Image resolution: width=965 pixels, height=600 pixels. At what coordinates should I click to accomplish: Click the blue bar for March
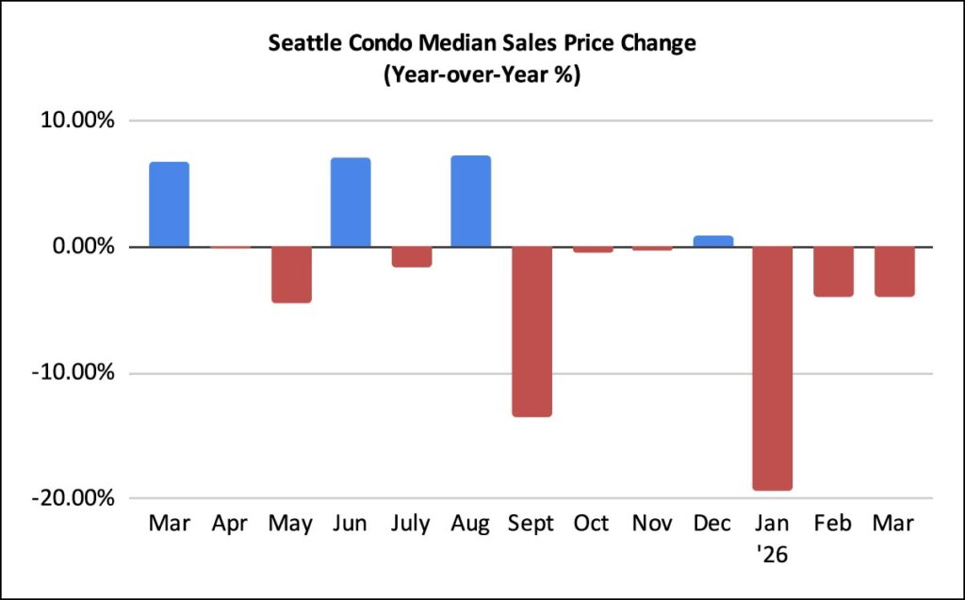coord(169,204)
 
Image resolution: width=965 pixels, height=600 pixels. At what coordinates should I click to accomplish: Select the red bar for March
coord(893,271)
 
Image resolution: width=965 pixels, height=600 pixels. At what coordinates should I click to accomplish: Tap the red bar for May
coord(290,274)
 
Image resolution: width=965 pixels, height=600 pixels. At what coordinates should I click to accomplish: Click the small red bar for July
coord(411,256)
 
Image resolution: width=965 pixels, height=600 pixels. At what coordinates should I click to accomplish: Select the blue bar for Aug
coord(471,202)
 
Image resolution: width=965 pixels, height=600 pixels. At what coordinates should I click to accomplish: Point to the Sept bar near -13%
coord(532,332)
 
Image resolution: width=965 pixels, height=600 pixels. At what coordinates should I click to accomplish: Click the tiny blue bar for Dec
coord(712,241)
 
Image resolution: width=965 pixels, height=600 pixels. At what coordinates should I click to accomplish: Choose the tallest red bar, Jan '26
coord(773,368)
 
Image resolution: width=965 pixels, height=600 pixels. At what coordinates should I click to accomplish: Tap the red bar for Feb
coord(833,271)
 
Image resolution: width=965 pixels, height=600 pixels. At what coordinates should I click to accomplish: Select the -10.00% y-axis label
coord(76,373)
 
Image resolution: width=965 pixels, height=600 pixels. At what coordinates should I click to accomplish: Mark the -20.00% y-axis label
coord(76,498)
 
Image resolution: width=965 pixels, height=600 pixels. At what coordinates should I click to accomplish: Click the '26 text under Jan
coord(773,555)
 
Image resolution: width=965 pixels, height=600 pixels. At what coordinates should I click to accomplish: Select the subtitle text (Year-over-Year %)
coord(482,75)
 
